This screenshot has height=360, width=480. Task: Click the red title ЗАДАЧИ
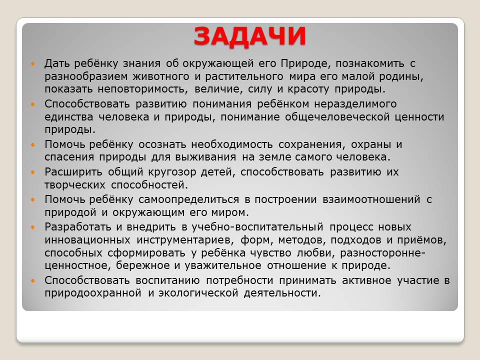[249, 36]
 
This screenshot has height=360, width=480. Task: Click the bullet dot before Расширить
[33, 172]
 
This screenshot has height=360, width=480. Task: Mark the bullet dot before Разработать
[33, 227]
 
